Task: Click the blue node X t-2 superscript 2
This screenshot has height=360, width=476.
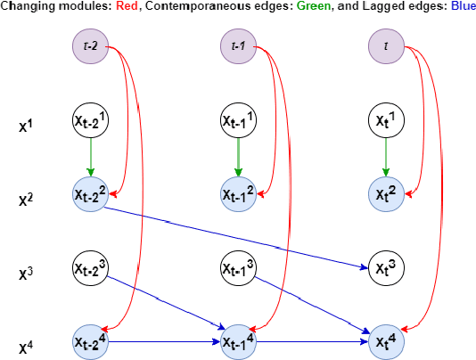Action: [90, 194]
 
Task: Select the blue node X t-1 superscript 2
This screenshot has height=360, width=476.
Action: [238, 194]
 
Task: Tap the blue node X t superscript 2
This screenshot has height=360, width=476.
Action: [385, 194]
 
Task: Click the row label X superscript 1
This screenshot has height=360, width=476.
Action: [27, 125]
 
